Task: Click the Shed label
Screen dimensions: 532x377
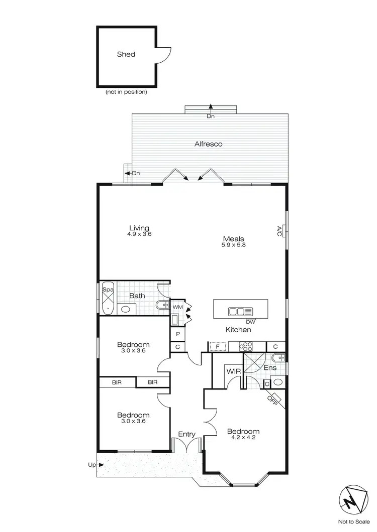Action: (126, 54)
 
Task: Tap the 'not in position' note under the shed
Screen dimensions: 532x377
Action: (126, 92)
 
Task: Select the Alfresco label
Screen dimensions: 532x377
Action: (209, 144)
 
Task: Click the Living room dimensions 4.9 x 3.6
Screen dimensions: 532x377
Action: (139, 234)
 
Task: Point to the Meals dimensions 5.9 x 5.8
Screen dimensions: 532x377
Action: (234, 245)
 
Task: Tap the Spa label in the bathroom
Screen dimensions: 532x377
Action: (108, 290)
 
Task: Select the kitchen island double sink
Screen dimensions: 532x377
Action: (237, 312)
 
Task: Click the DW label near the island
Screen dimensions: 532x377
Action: (250, 321)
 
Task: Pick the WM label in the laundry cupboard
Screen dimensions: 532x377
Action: (178, 306)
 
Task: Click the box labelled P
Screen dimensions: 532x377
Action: (178, 333)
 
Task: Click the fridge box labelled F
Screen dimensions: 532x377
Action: (218, 346)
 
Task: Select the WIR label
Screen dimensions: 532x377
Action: (232, 371)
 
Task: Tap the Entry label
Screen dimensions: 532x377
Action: (186, 434)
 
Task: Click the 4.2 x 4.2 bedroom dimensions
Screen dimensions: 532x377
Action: (243, 439)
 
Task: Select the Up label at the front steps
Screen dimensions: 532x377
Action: (91, 465)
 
